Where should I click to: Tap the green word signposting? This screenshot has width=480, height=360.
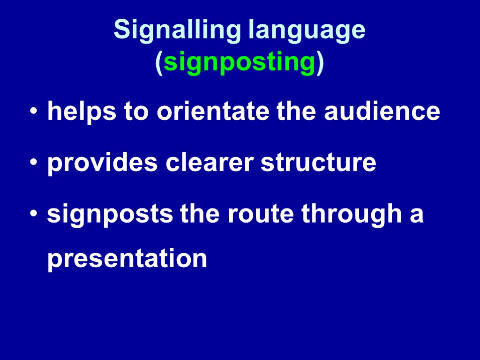(240, 62)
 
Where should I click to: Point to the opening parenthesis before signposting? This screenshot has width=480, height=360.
(159, 62)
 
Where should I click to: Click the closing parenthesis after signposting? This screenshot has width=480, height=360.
(320, 62)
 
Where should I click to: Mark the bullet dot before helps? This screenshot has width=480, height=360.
(33, 112)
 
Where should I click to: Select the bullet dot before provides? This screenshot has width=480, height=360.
(33, 163)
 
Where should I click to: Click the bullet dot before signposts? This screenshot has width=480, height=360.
(33, 214)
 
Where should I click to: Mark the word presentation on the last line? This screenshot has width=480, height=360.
(127, 258)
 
